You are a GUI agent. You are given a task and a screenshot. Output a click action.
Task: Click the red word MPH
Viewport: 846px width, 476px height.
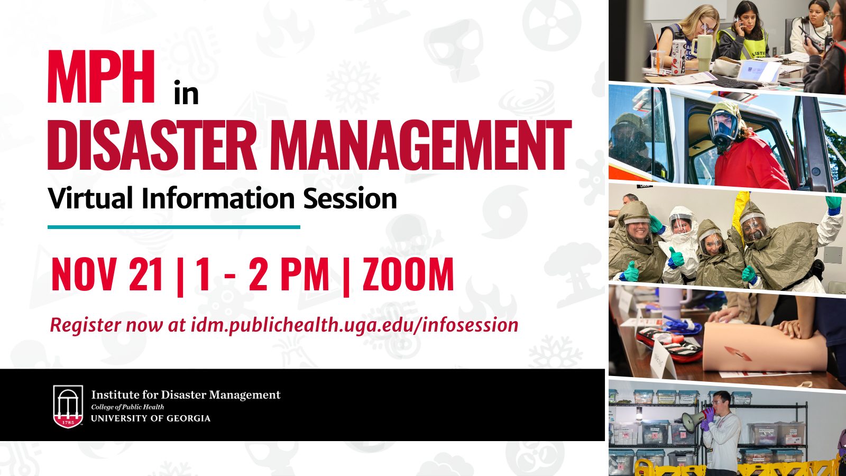click(x=101, y=76)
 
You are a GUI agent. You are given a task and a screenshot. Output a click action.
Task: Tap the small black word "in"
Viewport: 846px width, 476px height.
click(x=186, y=93)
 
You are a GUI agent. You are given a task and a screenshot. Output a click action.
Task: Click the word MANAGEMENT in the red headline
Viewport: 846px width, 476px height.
click(x=420, y=145)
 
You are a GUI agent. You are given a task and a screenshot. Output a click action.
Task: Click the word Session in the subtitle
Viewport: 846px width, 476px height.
click(x=350, y=198)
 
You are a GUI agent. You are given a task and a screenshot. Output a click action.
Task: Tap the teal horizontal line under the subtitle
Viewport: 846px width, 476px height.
click(x=174, y=227)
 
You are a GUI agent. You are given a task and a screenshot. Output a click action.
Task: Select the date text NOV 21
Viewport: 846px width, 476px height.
click(x=107, y=274)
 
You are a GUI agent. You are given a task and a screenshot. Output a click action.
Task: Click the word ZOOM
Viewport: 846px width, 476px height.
click(x=408, y=274)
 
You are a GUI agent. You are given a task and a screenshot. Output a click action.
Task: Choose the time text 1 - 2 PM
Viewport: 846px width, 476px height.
click(x=262, y=274)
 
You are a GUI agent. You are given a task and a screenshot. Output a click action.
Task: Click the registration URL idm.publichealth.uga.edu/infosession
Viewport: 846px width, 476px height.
click(x=354, y=325)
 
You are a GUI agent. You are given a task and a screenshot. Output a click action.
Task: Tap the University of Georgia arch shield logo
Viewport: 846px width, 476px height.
click(x=68, y=407)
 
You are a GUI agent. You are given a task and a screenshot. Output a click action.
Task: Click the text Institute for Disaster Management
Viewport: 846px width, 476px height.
click(x=186, y=395)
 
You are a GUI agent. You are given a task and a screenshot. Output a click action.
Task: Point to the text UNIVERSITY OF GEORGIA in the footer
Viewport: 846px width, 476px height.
click(x=151, y=418)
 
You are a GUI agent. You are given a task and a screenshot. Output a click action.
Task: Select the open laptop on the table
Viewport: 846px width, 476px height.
click(x=758, y=72)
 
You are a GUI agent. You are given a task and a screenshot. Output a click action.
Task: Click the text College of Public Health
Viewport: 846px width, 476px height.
click(x=127, y=407)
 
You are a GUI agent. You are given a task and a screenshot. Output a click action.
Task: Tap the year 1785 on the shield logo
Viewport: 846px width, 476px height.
click(x=68, y=422)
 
